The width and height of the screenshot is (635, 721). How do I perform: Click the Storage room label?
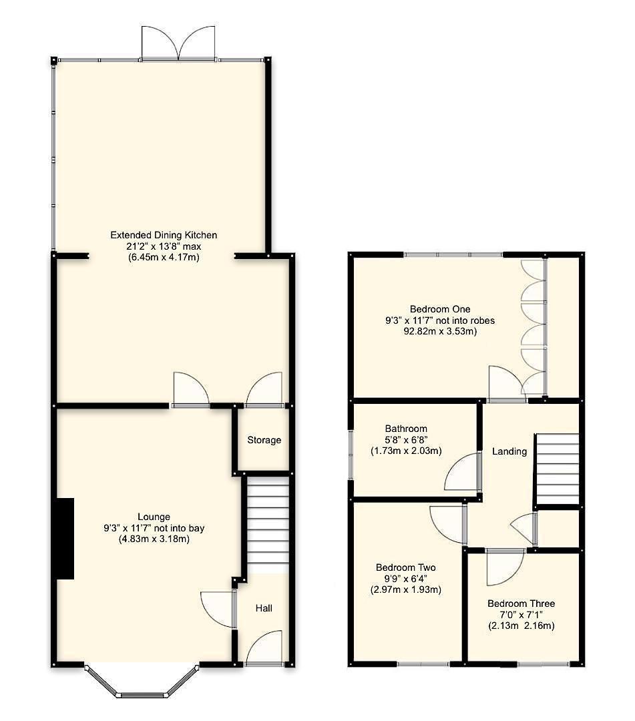click(264, 440)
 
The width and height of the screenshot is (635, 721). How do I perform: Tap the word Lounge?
click(154, 517)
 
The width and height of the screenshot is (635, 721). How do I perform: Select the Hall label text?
click(264, 608)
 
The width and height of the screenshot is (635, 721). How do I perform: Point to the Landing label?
click(509, 451)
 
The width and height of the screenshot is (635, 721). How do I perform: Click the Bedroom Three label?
click(521, 604)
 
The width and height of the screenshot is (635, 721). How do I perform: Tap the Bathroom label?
click(406, 429)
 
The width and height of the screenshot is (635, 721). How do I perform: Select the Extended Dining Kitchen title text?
click(164, 235)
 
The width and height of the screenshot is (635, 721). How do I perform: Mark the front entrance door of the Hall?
click(265, 650)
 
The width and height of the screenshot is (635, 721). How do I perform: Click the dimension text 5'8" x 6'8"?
click(406, 440)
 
